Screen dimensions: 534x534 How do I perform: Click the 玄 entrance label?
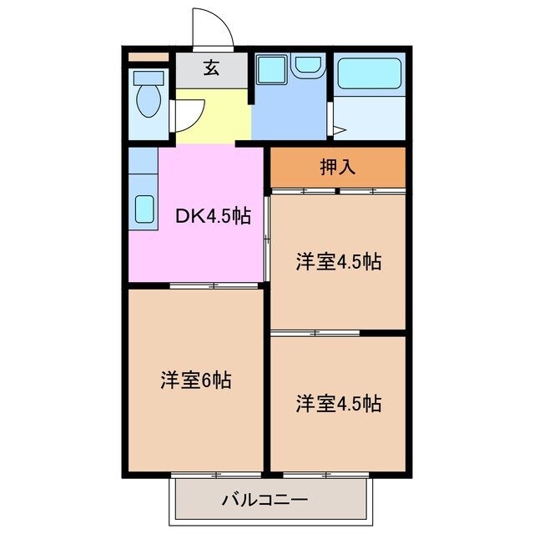[212, 69]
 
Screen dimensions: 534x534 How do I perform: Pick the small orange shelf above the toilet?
[148, 57]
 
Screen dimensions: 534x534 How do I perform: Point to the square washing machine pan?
[271, 70]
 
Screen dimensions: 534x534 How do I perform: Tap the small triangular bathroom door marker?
[339, 129]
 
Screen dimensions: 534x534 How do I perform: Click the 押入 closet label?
[338, 167]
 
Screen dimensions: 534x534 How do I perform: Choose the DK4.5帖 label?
[212, 215]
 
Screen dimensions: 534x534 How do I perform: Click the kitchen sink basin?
[144, 209]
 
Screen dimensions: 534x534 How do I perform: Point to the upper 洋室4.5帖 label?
[338, 262]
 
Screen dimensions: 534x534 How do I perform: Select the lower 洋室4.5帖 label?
[338, 404]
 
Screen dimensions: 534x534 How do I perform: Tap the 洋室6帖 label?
[195, 380]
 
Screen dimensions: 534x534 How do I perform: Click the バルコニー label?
[264, 501]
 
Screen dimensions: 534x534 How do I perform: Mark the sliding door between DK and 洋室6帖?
[214, 286]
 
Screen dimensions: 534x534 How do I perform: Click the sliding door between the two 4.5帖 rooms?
[315, 333]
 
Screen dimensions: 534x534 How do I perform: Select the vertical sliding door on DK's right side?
[267, 238]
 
